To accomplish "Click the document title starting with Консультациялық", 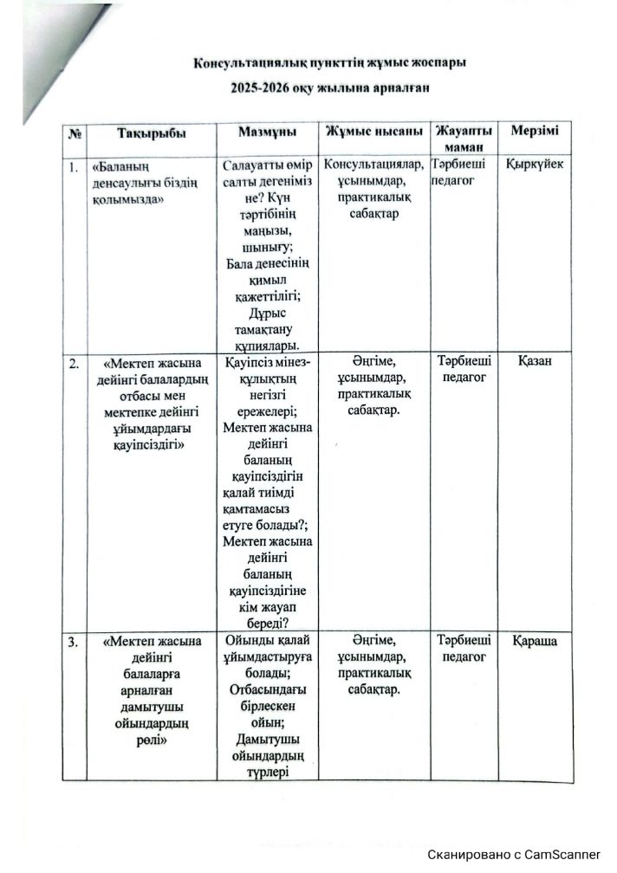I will pos(330,64).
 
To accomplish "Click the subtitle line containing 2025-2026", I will pos(330,87).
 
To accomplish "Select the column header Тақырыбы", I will pos(151,133).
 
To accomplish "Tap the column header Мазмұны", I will pos(268,132).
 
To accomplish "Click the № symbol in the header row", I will pos(75,134).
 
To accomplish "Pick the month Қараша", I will pos(535,641).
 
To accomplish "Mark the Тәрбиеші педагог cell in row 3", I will pos(464,650).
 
